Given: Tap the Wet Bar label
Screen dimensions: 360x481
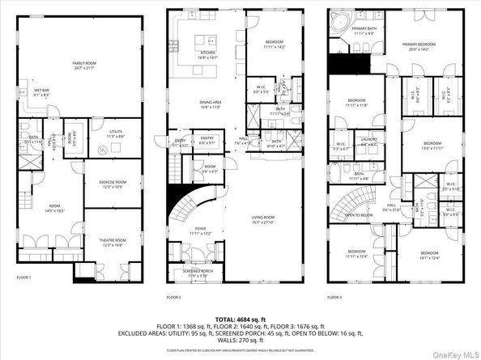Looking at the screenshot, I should pyautogui.click(x=42, y=92).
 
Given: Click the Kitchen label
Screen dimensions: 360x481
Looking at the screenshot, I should pyautogui.click(x=209, y=54).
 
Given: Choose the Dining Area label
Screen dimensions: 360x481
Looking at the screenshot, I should pyautogui.click(x=209, y=103).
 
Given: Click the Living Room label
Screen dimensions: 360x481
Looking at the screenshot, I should pyautogui.click(x=262, y=220).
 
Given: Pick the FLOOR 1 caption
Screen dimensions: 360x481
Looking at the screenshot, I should pyautogui.click(x=24, y=277).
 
